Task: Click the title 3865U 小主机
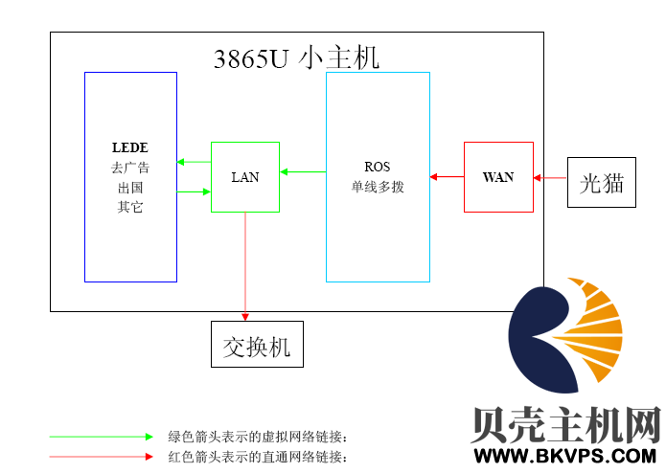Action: pos(296,57)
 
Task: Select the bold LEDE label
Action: pos(130,148)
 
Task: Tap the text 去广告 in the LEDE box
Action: pos(130,168)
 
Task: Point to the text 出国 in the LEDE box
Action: pos(130,188)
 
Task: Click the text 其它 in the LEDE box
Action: pos(130,207)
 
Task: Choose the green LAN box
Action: pos(245,177)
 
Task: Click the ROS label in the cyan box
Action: pos(378,167)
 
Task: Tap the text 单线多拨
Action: pos(378,187)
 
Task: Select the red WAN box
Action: pos(498,177)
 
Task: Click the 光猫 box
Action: pos(602,183)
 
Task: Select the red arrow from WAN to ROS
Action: pos(447,176)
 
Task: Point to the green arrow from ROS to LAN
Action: pos(303,172)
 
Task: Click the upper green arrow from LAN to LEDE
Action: pos(194,162)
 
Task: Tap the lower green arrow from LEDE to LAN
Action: pos(194,192)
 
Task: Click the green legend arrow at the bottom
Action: pos(102,437)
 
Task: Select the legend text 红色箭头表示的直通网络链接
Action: pos(257,457)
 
